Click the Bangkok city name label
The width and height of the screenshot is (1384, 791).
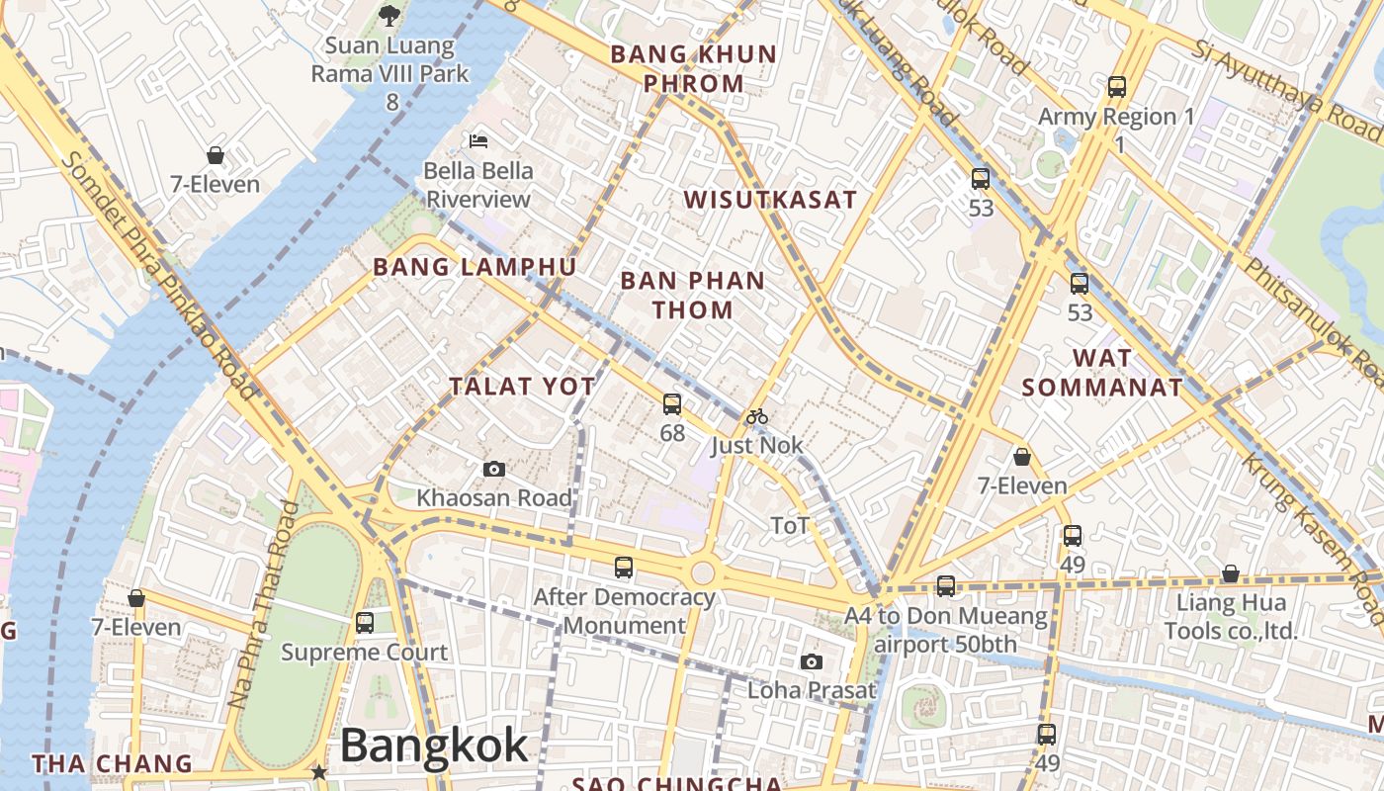[x=434, y=746]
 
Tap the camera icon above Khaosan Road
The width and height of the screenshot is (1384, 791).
[x=494, y=469]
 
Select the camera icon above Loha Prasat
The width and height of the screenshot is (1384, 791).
[x=812, y=661]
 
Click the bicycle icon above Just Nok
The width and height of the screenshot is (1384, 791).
[x=757, y=416]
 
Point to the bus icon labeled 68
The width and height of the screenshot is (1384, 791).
[x=672, y=403]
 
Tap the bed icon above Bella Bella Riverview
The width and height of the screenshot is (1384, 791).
[x=479, y=140]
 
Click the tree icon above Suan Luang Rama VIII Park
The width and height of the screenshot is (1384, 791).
[x=390, y=15]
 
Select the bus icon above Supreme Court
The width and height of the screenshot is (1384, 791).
[x=365, y=623]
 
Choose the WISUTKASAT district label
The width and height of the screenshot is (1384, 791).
[x=771, y=200]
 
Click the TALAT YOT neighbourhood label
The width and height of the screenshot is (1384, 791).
[x=523, y=387]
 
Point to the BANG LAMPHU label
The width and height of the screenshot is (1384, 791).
[x=475, y=267]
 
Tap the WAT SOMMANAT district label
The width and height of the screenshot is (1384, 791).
[x=1102, y=373]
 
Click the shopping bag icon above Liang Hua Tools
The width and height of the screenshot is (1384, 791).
[x=1230, y=573]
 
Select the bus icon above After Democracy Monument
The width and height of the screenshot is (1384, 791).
[x=624, y=568]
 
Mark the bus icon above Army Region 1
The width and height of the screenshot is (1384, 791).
[x=1117, y=87]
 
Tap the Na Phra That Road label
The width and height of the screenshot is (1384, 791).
[x=263, y=605]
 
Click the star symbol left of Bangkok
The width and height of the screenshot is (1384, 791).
[x=318, y=771]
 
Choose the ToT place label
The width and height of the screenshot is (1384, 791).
[x=790, y=525]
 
